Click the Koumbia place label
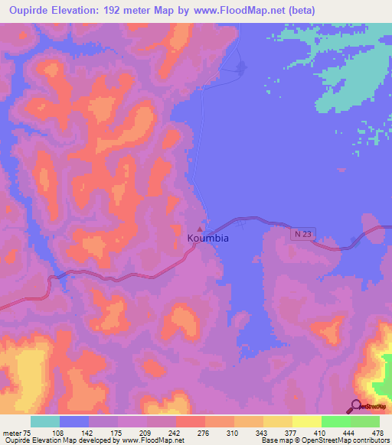coord(208,239)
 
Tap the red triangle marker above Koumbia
coord(201,228)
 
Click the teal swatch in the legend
coord(45,421)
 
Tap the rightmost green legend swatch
coord(365,421)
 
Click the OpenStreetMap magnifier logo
coord(356,405)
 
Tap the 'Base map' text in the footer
coord(274,441)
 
